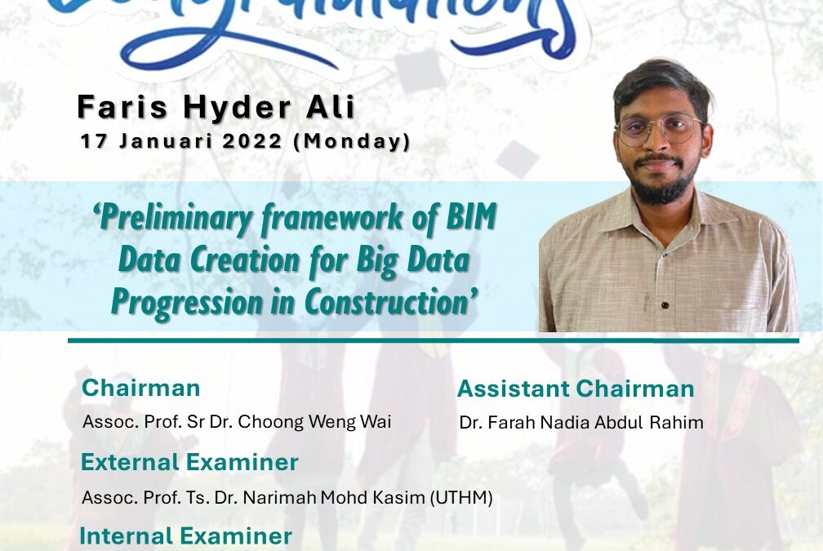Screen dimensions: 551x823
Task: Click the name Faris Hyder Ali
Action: coord(216,108)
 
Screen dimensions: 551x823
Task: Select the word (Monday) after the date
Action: coord(352,141)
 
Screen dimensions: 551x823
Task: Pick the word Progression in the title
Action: coord(204,301)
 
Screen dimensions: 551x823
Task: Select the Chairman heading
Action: coord(141,388)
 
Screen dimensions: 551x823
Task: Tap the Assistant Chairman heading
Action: coord(576,389)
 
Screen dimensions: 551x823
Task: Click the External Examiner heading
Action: coord(189,463)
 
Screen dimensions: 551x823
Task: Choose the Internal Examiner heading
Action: coord(185,535)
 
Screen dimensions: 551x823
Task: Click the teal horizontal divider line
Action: coord(433,340)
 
